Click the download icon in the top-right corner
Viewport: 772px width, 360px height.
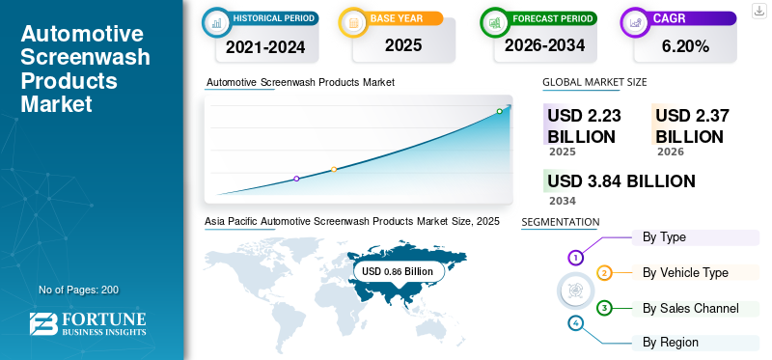[x=758, y=11]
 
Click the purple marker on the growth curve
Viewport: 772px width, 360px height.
[x=296, y=179]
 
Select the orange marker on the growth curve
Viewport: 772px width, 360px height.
[x=334, y=170]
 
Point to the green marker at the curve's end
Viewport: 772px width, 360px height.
[x=499, y=111]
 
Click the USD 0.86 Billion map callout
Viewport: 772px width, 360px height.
[x=398, y=271]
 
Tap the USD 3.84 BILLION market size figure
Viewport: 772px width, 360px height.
[x=620, y=181]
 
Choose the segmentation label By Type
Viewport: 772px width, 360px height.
[x=664, y=237]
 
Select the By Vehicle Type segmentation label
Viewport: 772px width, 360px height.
[x=685, y=273]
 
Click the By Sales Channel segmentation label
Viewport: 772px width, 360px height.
[x=690, y=308]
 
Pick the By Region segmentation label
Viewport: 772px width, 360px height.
[x=671, y=342]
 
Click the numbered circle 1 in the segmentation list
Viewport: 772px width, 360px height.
[x=575, y=258]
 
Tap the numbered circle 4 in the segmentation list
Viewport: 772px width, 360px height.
[x=575, y=323]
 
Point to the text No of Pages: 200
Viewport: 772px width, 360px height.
[x=78, y=290]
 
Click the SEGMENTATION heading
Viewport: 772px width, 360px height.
[x=560, y=223]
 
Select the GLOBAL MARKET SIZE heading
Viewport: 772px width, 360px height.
[x=594, y=83]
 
